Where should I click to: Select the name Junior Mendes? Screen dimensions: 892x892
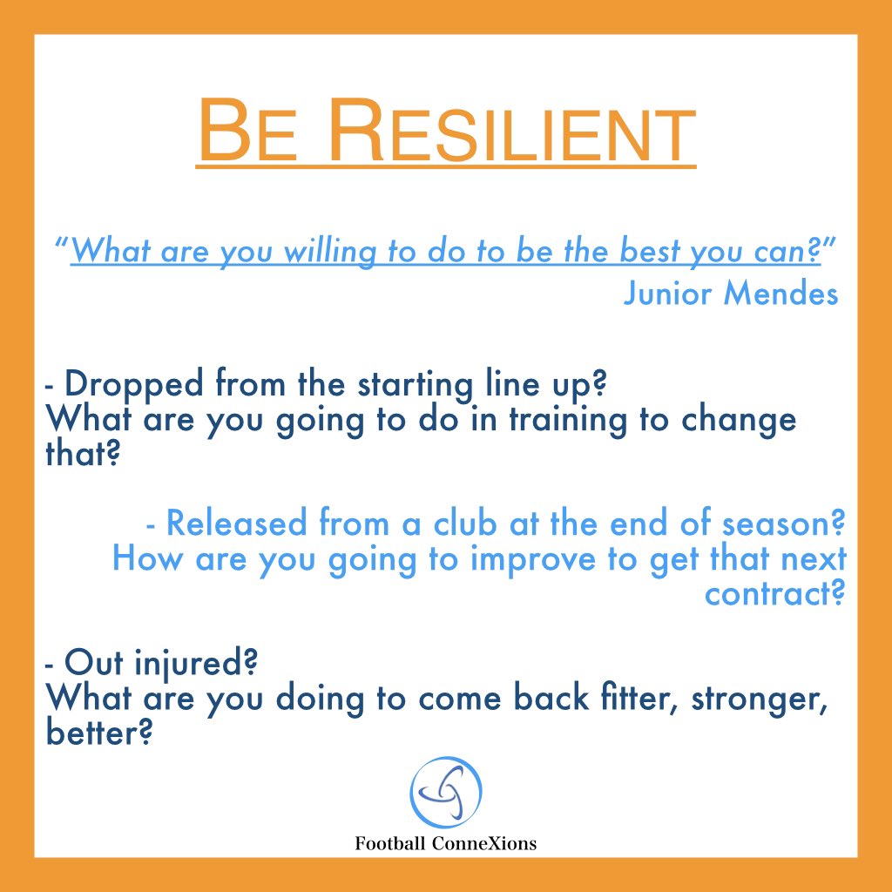[x=731, y=294]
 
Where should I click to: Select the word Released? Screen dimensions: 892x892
[x=237, y=524]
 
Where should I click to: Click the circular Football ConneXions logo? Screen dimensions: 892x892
[x=446, y=794]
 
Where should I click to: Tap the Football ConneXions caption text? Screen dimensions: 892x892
[x=445, y=843]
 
